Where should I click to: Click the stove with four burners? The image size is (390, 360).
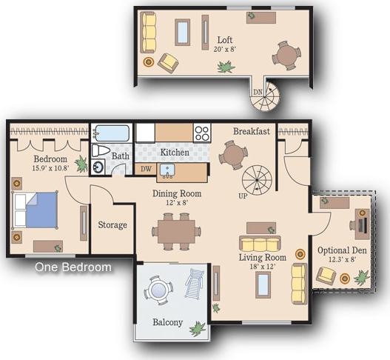tap(202, 133)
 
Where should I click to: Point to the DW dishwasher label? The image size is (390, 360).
tap(147, 169)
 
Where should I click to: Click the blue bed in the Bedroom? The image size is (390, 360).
tap(36, 209)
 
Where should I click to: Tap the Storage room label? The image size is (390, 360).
tap(112, 224)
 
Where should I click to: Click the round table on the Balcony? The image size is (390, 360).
tap(158, 290)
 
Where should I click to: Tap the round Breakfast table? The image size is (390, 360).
tap(233, 155)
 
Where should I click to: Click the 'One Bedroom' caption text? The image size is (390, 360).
tap(73, 267)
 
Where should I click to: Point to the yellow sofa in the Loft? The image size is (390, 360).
tap(149, 31)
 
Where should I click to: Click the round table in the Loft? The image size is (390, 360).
tap(286, 54)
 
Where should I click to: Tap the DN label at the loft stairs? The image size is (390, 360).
tap(258, 92)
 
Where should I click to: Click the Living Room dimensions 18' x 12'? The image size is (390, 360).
tap(262, 267)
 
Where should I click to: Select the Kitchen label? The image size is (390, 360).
tap(175, 153)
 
